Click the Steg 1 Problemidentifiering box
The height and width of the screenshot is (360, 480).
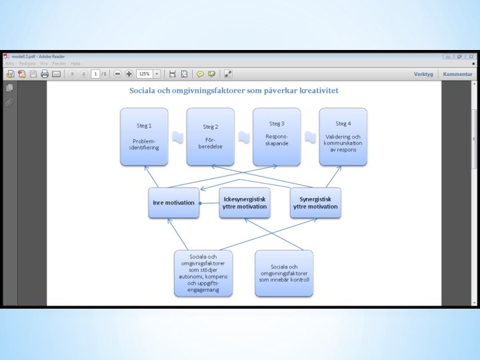click(143, 136)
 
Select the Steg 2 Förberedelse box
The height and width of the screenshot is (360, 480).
click(210, 136)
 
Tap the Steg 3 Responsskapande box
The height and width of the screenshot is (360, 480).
click(277, 136)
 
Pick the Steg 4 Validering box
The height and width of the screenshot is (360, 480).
click(343, 136)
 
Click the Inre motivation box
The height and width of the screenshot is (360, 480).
click(173, 203)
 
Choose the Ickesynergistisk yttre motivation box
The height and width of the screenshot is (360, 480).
click(245, 203)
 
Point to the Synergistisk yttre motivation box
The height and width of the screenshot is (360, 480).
click(315, 203)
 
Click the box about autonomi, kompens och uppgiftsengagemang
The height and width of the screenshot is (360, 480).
click(203, 273)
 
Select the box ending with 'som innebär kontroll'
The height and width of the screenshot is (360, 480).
click(285, 273)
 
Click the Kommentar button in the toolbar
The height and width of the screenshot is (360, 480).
click(457, 74)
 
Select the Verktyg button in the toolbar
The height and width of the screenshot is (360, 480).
click(423, 74)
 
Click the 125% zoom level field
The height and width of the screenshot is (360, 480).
click(145, 74)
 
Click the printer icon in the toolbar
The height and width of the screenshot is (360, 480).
click(45, 74)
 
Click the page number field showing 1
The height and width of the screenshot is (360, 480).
click(95, 74)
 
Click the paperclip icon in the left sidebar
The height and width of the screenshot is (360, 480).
click(9, 103)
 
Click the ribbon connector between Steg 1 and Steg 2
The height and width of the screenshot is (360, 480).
click(177, 137)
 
